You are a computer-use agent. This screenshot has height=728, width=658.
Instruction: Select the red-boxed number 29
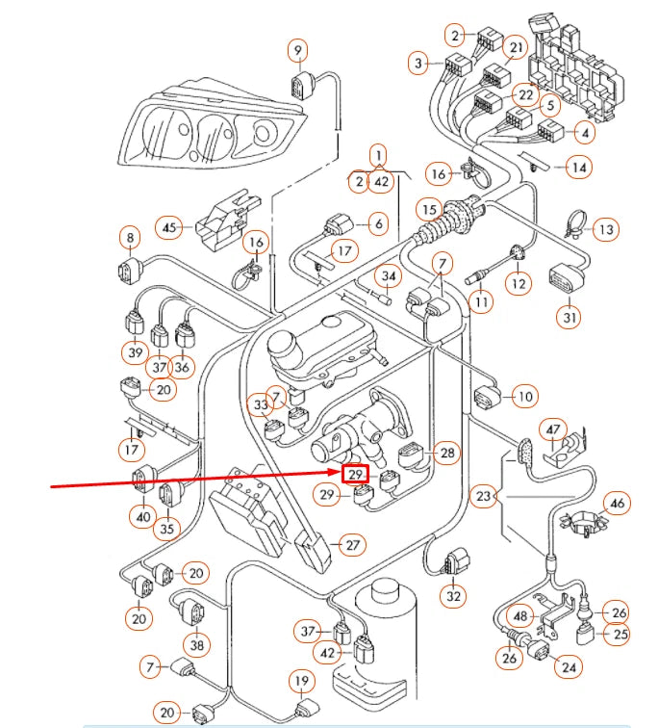(x=356, y=475)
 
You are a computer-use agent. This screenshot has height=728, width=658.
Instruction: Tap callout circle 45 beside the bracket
(x=170, y=228)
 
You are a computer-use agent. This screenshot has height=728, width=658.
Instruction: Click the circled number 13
(x=605, y=230)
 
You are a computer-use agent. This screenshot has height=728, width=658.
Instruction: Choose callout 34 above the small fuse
(x=388, y=277)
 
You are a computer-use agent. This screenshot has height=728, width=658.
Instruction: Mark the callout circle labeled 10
(x=524, y=395)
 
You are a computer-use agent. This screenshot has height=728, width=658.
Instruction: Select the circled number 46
(x=617, y=503)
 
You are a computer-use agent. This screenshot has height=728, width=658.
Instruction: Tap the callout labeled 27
(x=353, y=545)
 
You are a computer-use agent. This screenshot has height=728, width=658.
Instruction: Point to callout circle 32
(x=453, y=596)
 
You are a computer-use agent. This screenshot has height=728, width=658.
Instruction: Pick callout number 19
(x=301, y=683)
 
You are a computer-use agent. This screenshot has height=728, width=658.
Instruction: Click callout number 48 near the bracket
(x=520, y=616)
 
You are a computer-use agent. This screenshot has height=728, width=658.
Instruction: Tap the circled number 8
(x=129, y=236)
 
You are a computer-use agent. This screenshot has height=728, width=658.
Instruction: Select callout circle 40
(x=143, y=517)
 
